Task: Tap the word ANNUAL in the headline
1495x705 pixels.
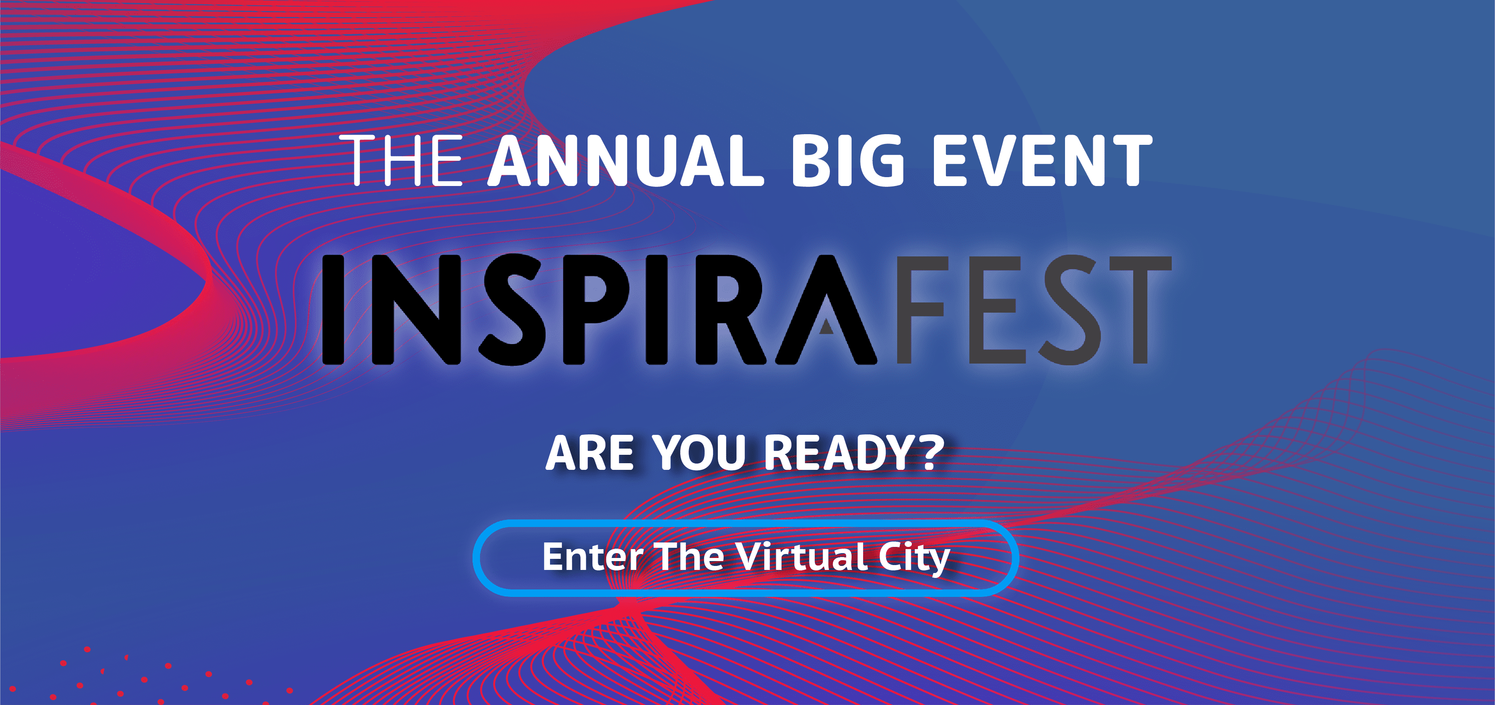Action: pyautogui.click(x=625, y=161)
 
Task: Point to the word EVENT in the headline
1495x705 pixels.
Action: pyautogui.click(x=1042, y=161)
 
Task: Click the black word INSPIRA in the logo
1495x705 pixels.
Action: pyautogui.click(x=598, y=310)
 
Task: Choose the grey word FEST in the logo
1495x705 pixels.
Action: pyautogui.click(x=1034, y=310)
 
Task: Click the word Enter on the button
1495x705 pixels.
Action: pyautogui.click(x=593, y=557)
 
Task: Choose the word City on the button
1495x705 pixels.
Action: pyautogui.click(x=914, y=559)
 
